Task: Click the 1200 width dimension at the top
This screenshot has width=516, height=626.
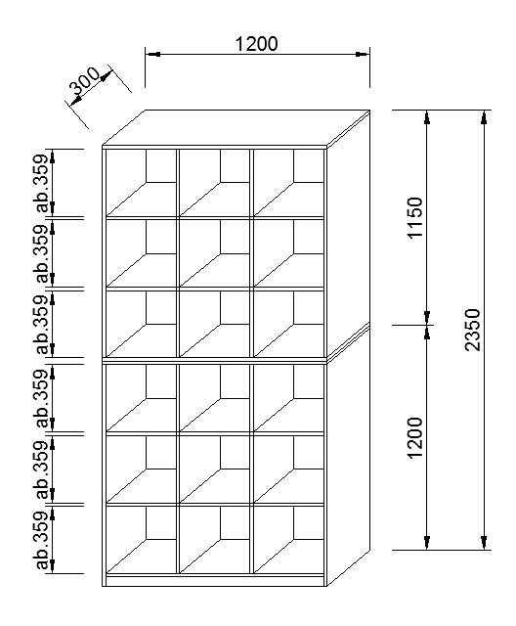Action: tap(256, 44)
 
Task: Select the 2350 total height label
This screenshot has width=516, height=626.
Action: tap(473, 330)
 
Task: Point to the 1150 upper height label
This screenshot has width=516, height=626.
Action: tap(415, 217)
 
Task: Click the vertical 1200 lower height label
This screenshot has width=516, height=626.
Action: tap(415, 438)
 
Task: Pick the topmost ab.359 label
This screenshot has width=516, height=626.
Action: tap(42, 183)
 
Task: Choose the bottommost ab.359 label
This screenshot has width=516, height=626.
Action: tap(42, 540)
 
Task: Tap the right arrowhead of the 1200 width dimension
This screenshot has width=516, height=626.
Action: tap(362, 54)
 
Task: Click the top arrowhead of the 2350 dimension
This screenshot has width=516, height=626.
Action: tap(484, 117)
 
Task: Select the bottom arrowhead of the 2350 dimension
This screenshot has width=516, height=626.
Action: tap(484, 542)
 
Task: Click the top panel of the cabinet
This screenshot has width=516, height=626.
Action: tap(236, 127)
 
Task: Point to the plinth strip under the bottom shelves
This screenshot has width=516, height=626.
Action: tap(215, 581)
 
